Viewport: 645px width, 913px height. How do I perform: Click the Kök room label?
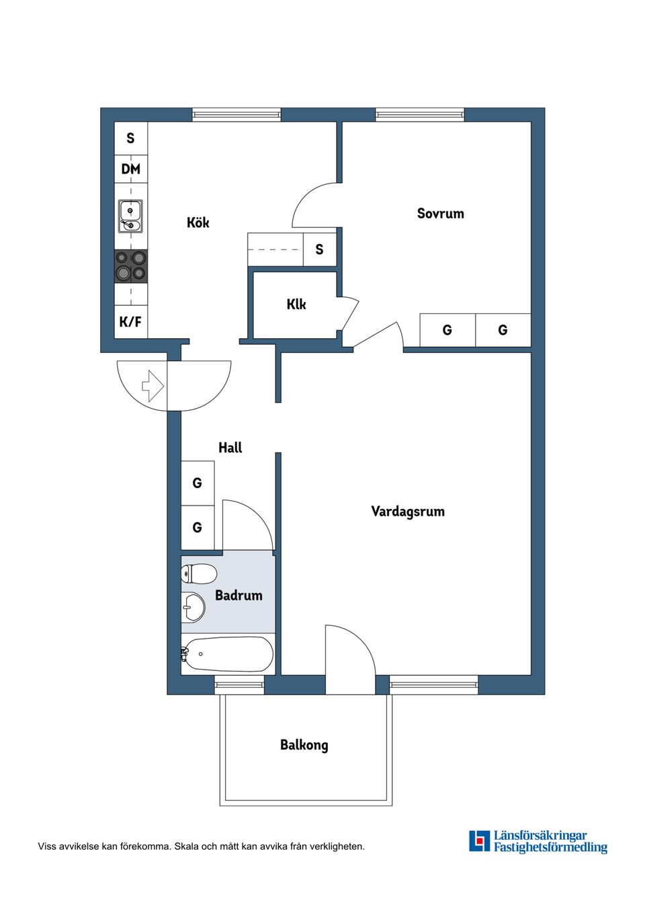click(198, 223)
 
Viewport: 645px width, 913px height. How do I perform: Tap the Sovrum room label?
click(440, 214)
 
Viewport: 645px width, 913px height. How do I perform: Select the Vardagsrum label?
click(407, 512)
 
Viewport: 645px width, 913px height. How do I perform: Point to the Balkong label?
click(304, 745)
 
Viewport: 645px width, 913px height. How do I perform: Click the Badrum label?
click(239, 596)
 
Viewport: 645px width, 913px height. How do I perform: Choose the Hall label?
click(230, 448)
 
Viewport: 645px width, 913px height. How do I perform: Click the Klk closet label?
click(296, 305)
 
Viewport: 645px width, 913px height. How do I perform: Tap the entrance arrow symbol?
click(153, 386)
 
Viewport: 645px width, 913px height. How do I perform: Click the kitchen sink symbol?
click(130, 216)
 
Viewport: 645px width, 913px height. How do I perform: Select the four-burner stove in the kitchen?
click(130, 266)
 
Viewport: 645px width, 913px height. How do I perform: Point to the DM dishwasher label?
click(130, 169)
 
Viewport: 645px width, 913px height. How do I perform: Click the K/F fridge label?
click(130, 322)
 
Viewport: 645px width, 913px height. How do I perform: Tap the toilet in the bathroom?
click(199, 574)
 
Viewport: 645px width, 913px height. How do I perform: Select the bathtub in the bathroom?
click(228, 654)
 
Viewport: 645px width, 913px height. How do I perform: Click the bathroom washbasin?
click(193, 608)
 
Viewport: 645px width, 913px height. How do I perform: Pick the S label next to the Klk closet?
click(319, 249)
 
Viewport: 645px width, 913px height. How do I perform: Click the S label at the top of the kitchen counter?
click(130, 138)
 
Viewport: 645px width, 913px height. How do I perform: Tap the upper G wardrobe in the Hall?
click(197, 483)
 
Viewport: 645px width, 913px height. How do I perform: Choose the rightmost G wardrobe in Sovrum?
click(503, 330)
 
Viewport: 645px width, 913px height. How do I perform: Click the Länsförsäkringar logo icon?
click(479, 841)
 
